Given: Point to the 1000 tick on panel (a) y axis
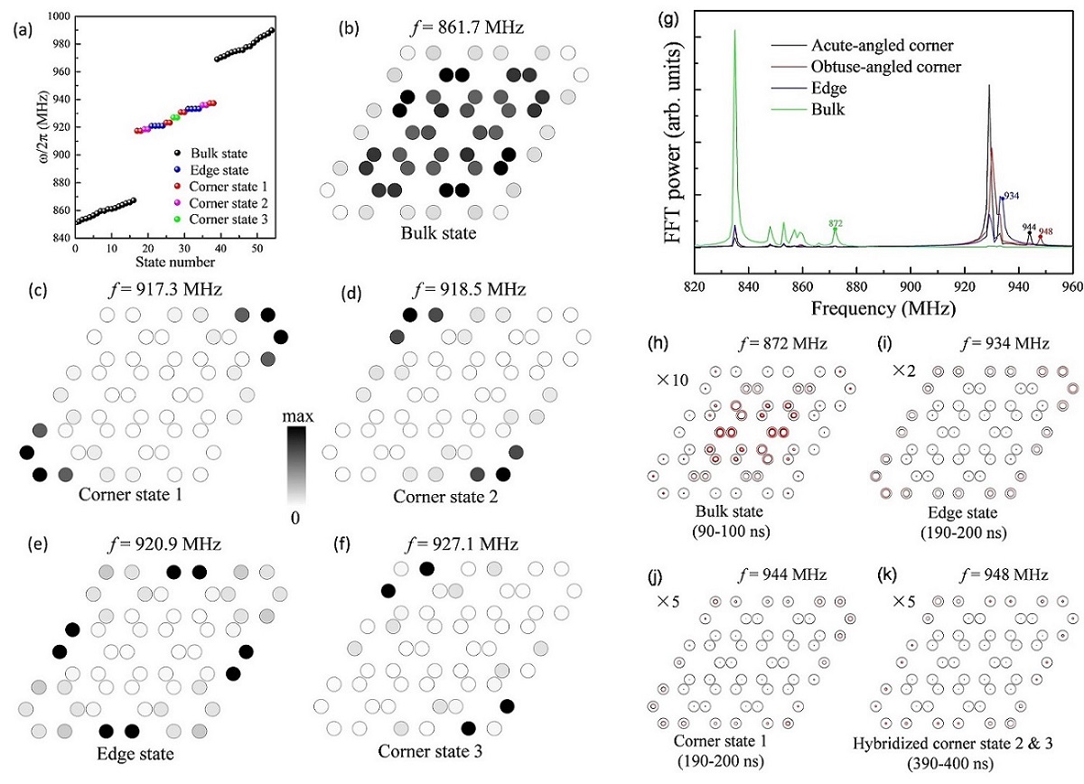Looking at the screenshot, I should point(60,17).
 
